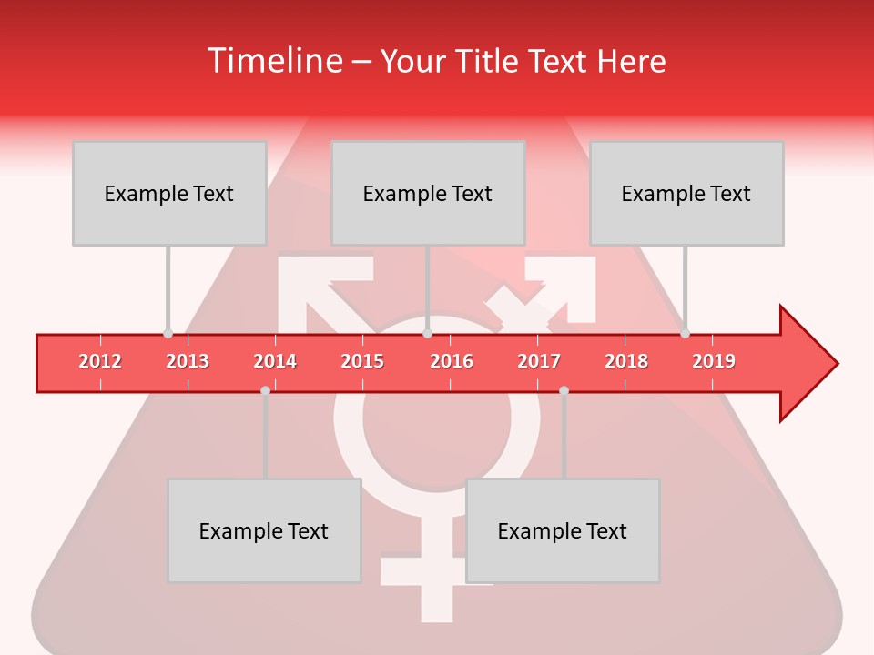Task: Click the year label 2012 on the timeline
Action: pos(100,361)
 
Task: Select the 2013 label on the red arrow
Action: pos(188,361)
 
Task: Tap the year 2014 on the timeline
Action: pos(275,361)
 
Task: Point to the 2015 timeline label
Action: pos(362,361)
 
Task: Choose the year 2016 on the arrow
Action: pos(452,361)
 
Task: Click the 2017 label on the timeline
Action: pos(539,361)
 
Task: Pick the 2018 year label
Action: pos(626,361)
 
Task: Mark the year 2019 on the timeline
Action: pos(714,361)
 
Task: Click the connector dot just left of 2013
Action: pos(168,333)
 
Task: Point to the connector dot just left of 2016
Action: pos(427,333)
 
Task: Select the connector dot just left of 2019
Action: pos(685,333)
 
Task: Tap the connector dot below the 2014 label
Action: pos(265,390)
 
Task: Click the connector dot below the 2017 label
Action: pos(564,390)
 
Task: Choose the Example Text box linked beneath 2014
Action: pos(264,530)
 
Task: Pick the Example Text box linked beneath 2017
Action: pos(563,530)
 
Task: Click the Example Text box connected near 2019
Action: pos(686,193)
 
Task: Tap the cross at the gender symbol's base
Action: pos(437,582)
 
